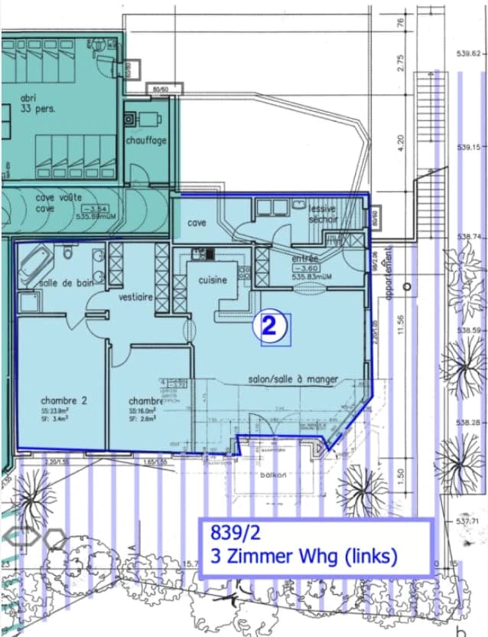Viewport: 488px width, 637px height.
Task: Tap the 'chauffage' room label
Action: tap(146, 141)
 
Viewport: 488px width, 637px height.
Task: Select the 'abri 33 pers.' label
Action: tap(38, 103)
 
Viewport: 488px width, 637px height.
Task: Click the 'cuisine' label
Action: tap(213, 280)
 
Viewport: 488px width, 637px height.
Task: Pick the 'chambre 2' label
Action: tap(64, 400)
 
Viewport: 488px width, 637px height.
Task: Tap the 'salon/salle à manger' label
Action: tap(293, 379)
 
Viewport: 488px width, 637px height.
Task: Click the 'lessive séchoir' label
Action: tap(323, 214)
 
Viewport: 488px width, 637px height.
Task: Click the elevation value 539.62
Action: tap(467, 54)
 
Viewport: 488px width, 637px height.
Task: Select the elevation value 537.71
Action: tap(467, 521)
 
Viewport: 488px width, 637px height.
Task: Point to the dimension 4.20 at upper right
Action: tap(400, 143)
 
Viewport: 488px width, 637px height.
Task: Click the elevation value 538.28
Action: tap(467, 423)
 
